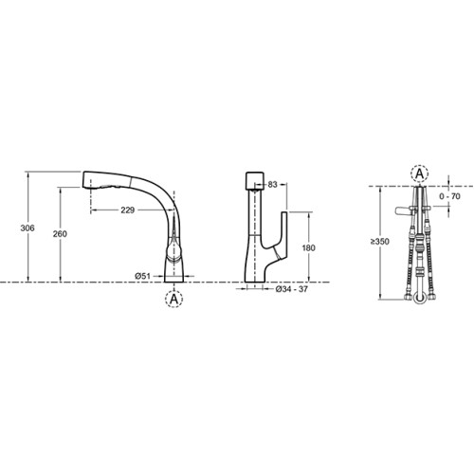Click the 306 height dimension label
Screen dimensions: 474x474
tap(27, 228)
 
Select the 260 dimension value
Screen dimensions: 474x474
tap(60, 234)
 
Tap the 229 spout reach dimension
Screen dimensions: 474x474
tap(128, 210)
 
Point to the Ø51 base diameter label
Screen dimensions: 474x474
tap(142, 276)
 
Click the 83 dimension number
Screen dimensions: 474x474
tap(272, 184)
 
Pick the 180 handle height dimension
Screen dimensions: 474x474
tap(308, 247)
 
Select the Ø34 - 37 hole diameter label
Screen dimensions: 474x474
tap(291, 289)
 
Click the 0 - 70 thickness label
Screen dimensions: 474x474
tap(449, 196)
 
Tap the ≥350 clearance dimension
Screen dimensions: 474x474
tap(380, 242)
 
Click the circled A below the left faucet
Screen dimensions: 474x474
tap(174, 299)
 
